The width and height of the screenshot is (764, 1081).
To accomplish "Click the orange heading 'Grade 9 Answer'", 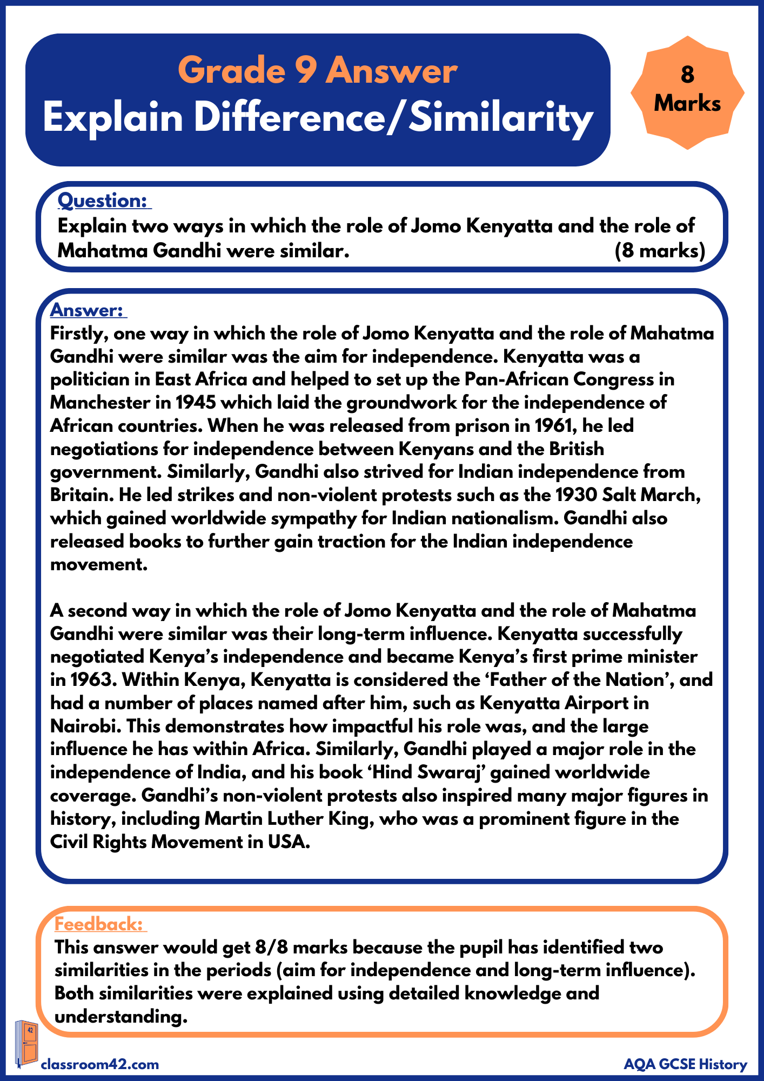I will point(318,71).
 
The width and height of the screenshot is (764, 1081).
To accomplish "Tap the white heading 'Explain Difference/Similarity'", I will point(318,118).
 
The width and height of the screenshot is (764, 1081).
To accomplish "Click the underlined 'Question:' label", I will point(103,201).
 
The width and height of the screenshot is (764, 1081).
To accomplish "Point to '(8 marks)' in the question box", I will point(660,251).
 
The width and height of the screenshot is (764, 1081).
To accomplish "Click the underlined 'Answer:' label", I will point(87,310).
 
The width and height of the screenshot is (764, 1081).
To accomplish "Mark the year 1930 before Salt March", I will point(576,495).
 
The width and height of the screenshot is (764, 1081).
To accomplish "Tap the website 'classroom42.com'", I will point(100,1065).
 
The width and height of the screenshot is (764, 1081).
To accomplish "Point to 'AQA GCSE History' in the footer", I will point(685,1065).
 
